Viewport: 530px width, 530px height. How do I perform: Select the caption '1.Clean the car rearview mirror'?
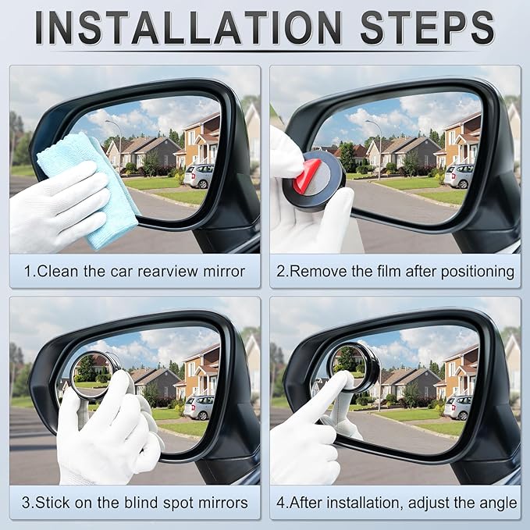tap(134, 272)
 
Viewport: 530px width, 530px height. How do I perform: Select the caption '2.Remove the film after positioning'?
tap(395, 272)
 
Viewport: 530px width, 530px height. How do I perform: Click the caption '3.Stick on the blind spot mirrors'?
tap(134, 503)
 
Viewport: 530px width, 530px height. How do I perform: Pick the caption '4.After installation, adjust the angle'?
tap(395, 503)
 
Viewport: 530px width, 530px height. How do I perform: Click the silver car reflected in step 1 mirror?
tap(199, 176)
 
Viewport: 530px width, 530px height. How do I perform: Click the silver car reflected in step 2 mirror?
tap(458, 176)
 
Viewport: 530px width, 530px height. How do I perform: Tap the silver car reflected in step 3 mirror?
tap(201, 407)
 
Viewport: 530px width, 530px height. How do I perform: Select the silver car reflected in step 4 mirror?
tap(459, 407)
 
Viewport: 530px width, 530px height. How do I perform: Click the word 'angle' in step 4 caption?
tap(496, 503)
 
